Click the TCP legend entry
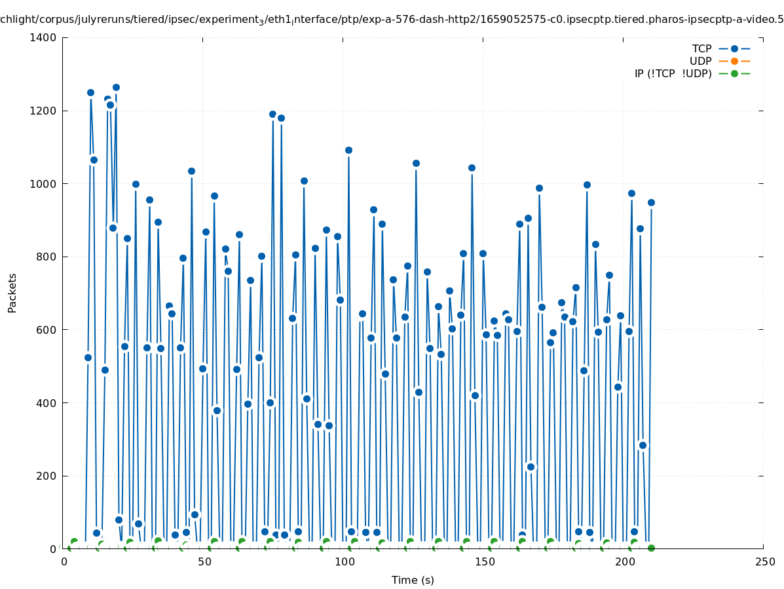[701, 49]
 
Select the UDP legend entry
[700, 62]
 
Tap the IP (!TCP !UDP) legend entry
[673, 74]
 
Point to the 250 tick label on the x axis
[763, 562]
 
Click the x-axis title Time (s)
[413, 580]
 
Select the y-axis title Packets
[12, 293]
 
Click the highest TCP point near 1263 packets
[116, 87]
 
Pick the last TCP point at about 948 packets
[651, 202]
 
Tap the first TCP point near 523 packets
[88, 357]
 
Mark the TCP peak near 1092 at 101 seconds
[348, 150]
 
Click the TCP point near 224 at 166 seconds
[531, 467]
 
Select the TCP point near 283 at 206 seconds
[643, 445]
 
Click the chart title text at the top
[392, 20]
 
